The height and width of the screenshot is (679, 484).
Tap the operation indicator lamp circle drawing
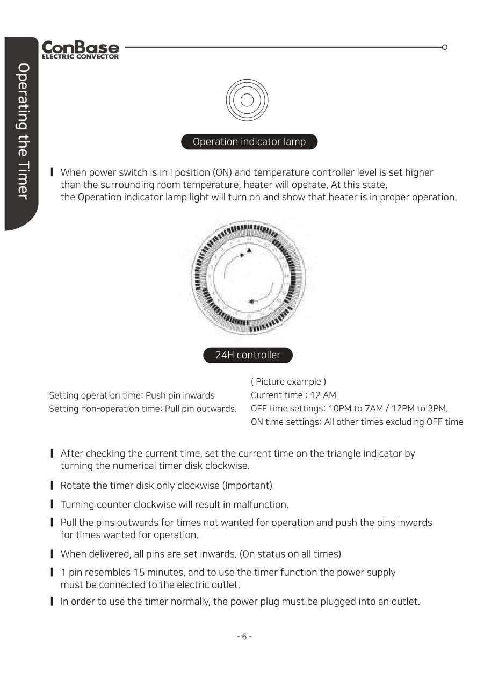[247, 100]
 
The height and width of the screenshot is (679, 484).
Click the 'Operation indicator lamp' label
[249, 142]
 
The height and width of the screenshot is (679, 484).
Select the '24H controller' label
[248, 355]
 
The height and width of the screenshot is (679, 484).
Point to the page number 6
[244, 637]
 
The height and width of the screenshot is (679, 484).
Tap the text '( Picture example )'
[288, 382]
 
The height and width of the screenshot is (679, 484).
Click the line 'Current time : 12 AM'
[293, 395]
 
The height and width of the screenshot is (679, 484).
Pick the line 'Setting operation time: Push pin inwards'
[132, 395]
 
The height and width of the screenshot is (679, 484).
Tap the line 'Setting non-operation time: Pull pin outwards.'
[143, 409]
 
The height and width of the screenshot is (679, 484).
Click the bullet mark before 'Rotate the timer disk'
[52, 486]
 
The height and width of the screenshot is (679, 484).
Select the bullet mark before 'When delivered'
[52, 554]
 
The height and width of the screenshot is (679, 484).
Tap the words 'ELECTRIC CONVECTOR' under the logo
[80, 56]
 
